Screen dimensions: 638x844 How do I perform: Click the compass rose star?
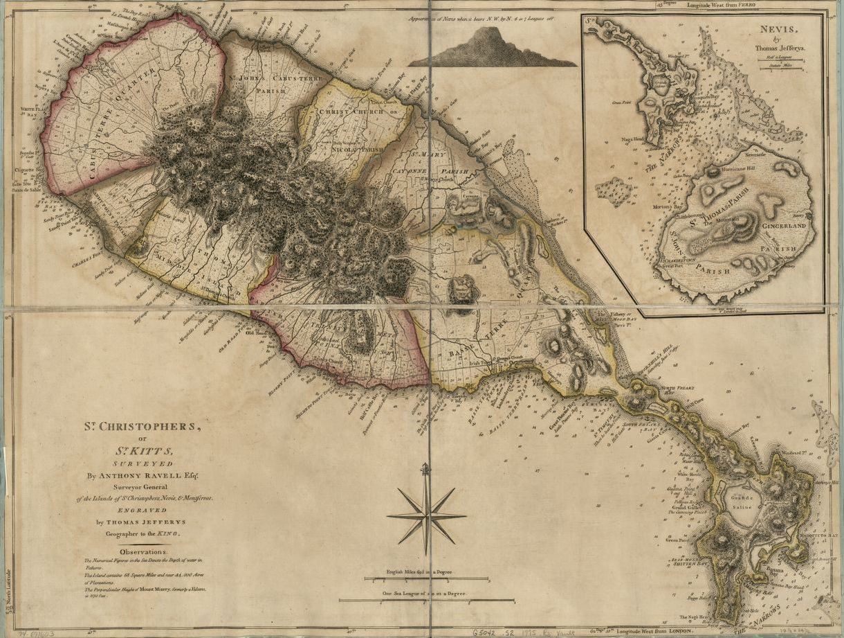point(426,516)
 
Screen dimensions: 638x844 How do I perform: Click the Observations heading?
point(143,551)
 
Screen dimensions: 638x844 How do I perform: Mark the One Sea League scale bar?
point(426,600)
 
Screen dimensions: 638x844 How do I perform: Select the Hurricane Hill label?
point(739,168)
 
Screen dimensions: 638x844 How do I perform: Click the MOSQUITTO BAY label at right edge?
point(820,535)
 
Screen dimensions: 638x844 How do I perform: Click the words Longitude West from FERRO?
point(722,5)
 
